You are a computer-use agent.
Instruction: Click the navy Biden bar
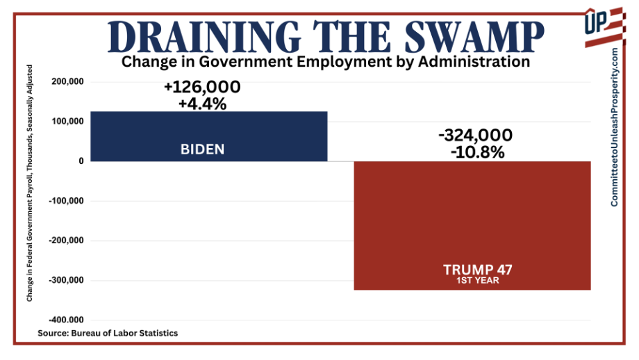tap(208, 136)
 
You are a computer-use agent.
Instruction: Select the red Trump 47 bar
tap(472, 225)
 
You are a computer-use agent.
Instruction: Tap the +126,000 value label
tap(202, 88)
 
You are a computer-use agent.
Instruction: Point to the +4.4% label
tap(202, 104)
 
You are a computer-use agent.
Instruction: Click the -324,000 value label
tap(476, 135)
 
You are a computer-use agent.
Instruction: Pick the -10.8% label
tap(476, 151)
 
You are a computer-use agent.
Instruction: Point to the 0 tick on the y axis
tap(81, 161)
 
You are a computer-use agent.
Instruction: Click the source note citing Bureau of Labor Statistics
tap(108, 333)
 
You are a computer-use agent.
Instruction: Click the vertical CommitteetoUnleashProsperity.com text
tap(615, 127)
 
